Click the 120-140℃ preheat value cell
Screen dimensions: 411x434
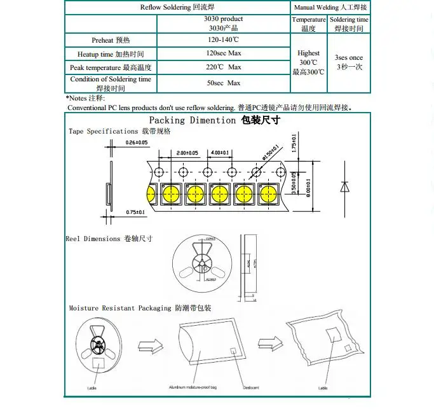(224, 39)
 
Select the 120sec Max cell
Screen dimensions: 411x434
(224, 53)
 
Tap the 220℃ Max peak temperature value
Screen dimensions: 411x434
(224, 67)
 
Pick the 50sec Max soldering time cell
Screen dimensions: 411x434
(224, 83)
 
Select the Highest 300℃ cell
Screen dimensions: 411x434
(308, 62)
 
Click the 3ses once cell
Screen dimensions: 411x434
(349, 62)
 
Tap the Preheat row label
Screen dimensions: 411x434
(111, 39)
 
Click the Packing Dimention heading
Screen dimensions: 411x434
(214, 120)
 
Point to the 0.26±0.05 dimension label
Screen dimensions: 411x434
(137, 142)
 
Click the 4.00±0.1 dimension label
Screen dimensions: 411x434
(222, 153)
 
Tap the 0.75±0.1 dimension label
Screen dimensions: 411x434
(136, 211)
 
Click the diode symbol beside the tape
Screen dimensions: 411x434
(344, 186)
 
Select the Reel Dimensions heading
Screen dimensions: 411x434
(109, 239)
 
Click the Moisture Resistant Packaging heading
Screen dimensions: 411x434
(140, 308)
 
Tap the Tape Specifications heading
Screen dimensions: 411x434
(119, 131)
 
